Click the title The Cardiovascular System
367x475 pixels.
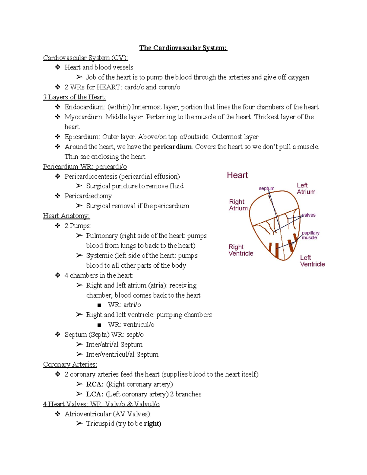(x=183, y=48)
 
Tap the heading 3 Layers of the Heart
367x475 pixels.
(x=75, y=97)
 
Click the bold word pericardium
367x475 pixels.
(x=172, y=147)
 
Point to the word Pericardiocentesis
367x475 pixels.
(x=91, y=176)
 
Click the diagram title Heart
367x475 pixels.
(x=237, y=175)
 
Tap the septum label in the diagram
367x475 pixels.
(x=266, y=188)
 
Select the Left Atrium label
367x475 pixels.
(x=306, y=189)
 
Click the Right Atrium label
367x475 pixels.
(x=238, y=205)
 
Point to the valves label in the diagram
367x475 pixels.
(x=309, y=215)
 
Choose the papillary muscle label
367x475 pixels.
(x=310, y=235)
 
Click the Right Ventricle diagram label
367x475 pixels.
(x=241, y=250)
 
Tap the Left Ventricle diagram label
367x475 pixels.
(x=312, y=261)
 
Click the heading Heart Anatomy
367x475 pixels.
(x=66, y=216)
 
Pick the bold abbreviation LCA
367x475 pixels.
(x=95, y=394)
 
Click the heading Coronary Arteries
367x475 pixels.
(x=70, y=364)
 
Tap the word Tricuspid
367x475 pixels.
(x=100, y=424)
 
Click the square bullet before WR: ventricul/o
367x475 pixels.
(x=99, y=325)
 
